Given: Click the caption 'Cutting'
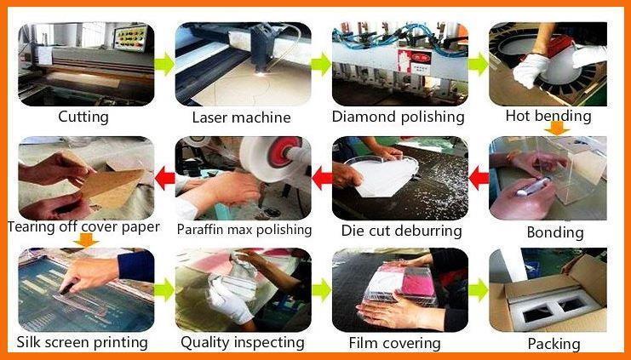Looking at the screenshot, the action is click(x=83, y=117).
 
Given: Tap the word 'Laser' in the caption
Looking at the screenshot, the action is click(x=210, y=117).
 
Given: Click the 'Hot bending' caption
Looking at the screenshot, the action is click(x=548, y=116).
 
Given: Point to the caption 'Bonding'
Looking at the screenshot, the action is click(x=555, y=232).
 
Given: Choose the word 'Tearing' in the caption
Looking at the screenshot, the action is click(x=32, y=227).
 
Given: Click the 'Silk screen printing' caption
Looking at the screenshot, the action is click(x=82, y=343).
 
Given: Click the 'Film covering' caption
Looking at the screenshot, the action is click(x=394, y=343).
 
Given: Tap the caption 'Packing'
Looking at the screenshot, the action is click(x=554, y=344).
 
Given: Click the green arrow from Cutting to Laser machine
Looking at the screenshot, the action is click(x=164, y=64).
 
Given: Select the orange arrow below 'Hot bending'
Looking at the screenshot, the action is click(x=558, y=129).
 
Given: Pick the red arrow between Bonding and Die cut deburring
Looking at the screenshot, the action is click(x=479, y=179).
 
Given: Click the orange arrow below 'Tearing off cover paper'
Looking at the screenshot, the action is click(x=86, y=240).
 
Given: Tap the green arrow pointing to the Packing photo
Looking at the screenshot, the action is click(x=479, y=289).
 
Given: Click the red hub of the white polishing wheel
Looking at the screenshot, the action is click(x=284, y=151).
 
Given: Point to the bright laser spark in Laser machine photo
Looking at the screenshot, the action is click(x=261, y=74).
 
